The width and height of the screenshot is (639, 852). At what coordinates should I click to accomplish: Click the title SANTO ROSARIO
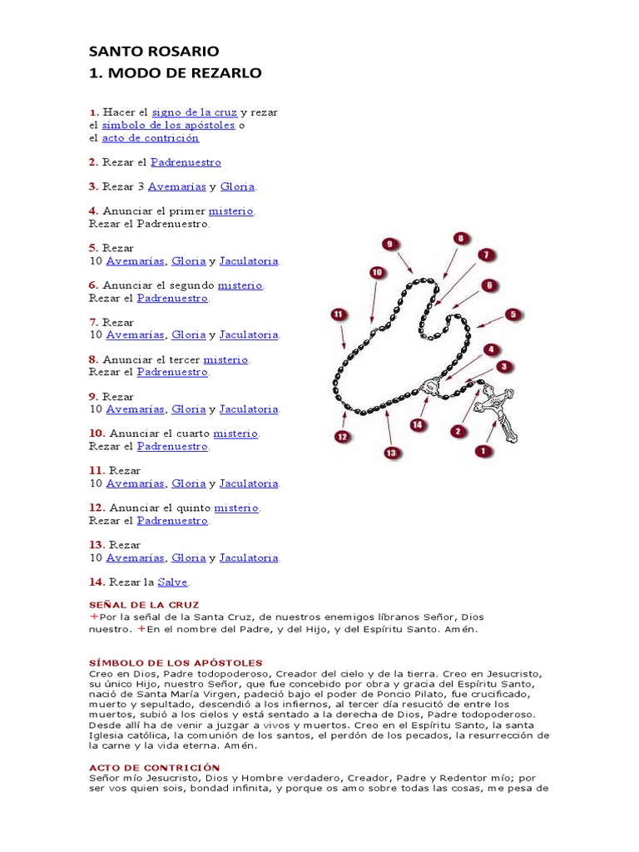[x=154, y=52]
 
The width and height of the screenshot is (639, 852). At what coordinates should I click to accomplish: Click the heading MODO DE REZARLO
[x=175, y=73]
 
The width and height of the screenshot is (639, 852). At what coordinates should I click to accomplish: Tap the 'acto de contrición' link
[x=150, y=137]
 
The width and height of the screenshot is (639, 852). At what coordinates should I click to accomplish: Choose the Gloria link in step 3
[x=237, y=187]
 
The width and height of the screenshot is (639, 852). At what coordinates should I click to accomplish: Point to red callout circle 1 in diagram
[x=480, y=451]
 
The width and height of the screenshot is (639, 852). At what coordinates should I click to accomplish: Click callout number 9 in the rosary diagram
[x=389, y=244]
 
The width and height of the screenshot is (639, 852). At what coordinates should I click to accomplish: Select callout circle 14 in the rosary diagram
[x=418, y=424]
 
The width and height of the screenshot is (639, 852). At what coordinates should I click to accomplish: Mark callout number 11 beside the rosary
[x=338, y=315]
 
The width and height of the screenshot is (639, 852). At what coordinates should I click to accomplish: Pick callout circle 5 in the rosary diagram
[x=513, y=315]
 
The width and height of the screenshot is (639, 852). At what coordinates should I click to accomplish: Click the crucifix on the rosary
[x=498, y=408]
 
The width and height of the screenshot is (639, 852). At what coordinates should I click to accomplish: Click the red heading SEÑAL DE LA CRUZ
[x=144, y=604]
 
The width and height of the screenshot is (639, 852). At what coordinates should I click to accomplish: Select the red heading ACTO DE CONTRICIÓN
[x=154, y=767]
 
